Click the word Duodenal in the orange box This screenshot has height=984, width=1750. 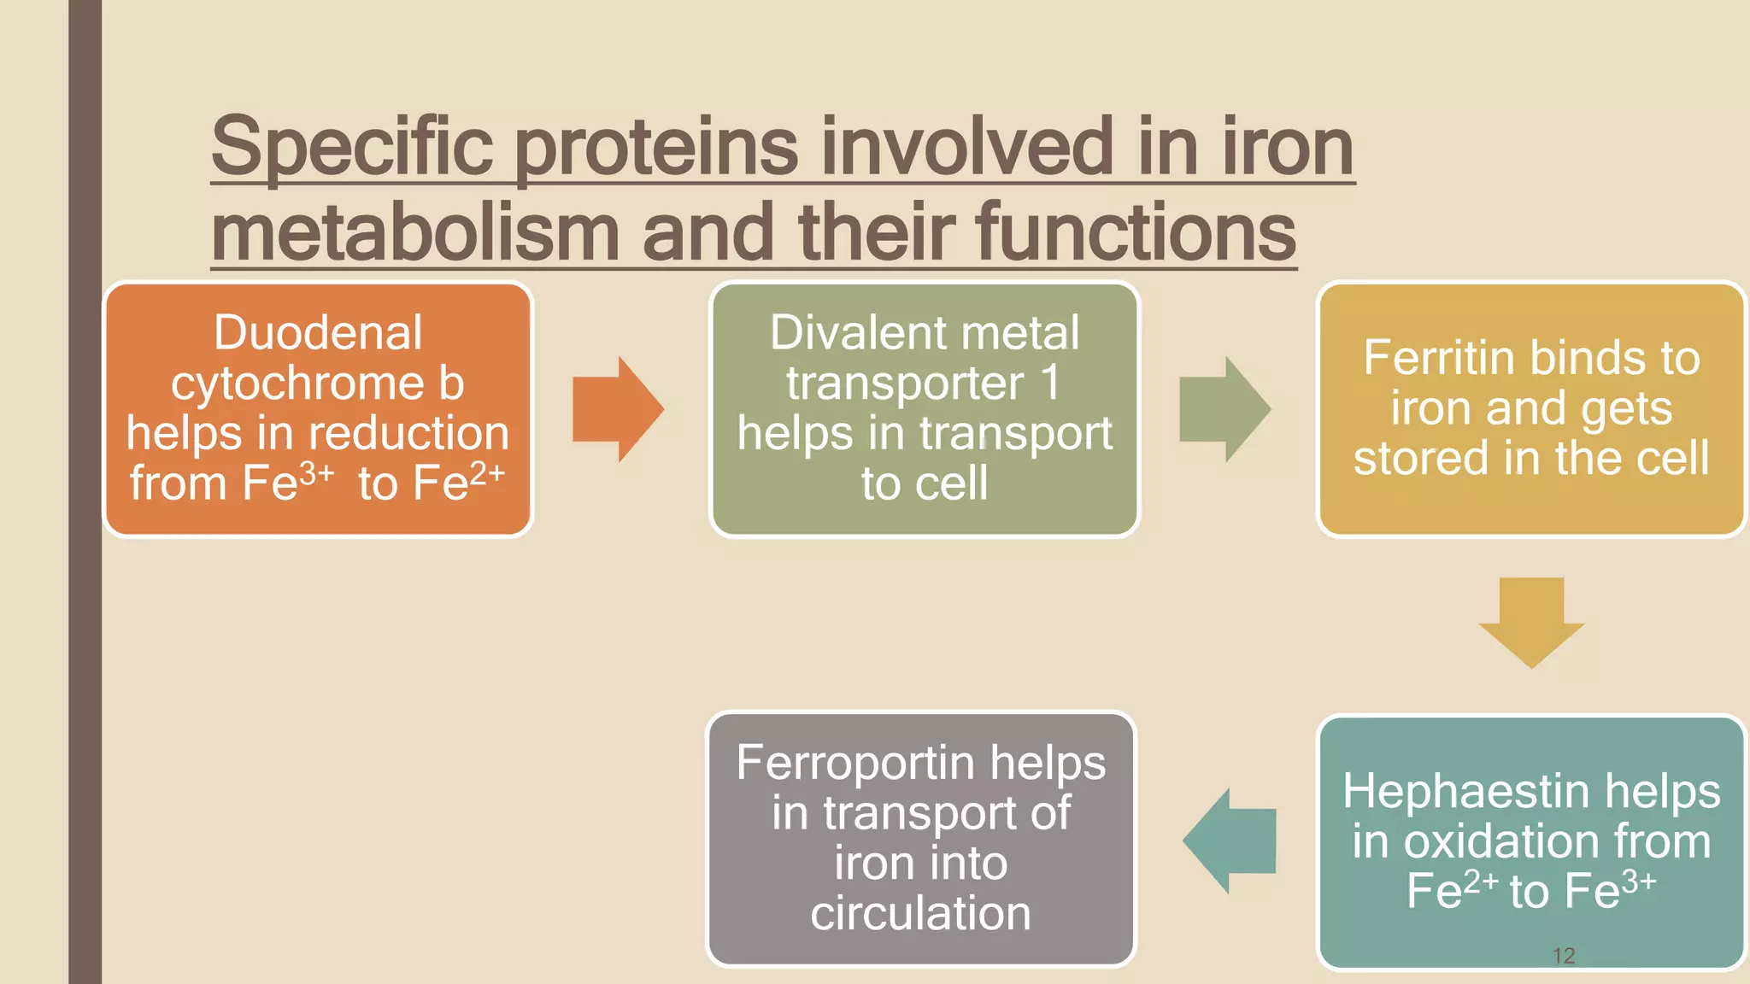click(x=318, y=332)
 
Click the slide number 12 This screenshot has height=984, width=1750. click(x=1563, y=956)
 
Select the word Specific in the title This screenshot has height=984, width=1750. click(x=352, y=147)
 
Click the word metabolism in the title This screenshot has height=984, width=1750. click(x=415, y=232)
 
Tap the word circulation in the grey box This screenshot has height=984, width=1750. click(x=920, y=913)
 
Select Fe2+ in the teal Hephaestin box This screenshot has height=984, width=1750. click(x=1452, y=890)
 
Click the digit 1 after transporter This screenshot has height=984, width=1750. click(x=1050, y=382)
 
